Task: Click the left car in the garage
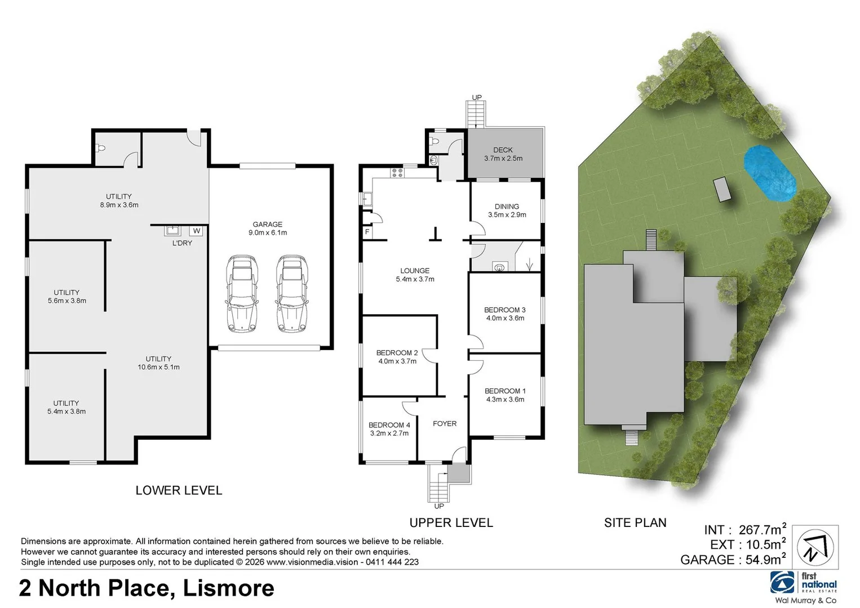click(x=242, y=294)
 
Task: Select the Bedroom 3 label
click(x=504, y=310)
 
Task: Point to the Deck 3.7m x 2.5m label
click(x=503, y=154)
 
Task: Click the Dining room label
click(x=507, y=207)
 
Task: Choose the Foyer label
click(x=444, y=424)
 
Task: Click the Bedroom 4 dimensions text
click(x=389, y=433)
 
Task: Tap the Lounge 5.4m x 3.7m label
click(x=415, y=275)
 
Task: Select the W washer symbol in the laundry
click(x=196, y=231)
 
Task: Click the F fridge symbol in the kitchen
click(x=367, y=232)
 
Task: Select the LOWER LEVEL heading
click(x=179, y=490)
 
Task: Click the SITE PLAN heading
click(x=635, y=523)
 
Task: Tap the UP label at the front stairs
click(x=439, y=506)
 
